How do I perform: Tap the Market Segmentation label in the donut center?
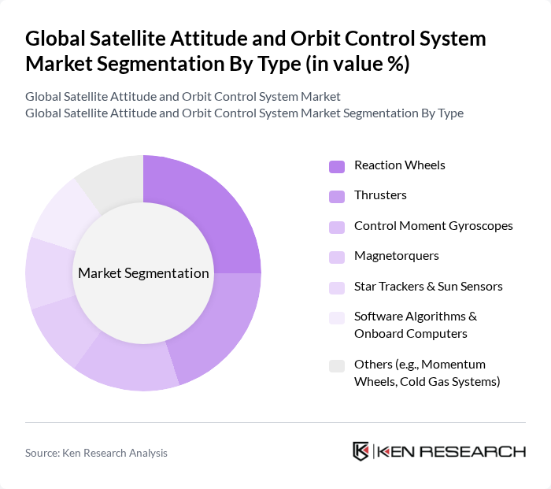(143, 273)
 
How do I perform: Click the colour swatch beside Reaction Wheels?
(336, 166)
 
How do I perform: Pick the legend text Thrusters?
(380, 194)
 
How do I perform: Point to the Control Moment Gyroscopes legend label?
(433, 225)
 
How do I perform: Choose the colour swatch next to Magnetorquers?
(336, 257)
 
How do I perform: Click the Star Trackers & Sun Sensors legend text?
(428, 286)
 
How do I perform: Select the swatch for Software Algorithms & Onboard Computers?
(336, 317)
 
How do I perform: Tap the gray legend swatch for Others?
(336, 365)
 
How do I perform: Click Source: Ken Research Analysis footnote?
(96, 453)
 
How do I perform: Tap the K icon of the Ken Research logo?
(361, 451)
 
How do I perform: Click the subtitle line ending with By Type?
(244, 113)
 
